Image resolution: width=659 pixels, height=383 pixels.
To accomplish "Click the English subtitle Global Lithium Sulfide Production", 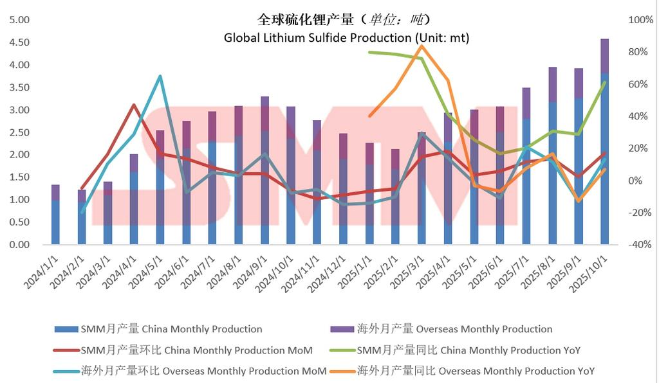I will point(346,38).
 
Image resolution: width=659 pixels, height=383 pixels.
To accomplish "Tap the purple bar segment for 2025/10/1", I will point(604,57).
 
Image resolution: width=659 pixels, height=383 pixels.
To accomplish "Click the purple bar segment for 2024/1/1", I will point(55,192).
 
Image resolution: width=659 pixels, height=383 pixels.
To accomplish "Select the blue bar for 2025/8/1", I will point(552,174).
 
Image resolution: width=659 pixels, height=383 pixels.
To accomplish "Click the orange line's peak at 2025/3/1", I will point(422,46).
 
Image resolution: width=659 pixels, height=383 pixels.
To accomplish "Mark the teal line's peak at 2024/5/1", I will point(160,76).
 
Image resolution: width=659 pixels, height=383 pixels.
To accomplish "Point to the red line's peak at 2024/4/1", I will point(133,105).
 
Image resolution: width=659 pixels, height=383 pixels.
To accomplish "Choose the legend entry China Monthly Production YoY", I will point(468,350).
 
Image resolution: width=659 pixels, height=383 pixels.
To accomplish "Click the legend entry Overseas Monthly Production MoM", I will point(203,371).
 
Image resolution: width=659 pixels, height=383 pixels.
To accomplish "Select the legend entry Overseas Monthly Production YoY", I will point(475,371).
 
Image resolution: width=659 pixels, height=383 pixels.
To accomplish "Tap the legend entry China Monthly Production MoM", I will point(196,350).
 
